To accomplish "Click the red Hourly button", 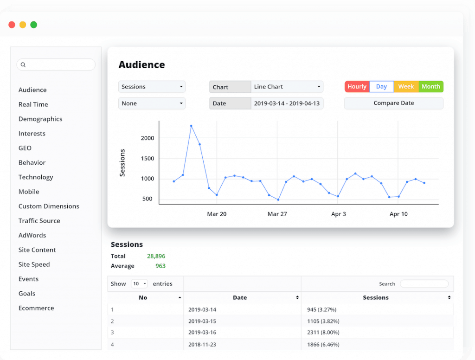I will click(x=357, y=87).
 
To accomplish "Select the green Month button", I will click(x=430, y=87).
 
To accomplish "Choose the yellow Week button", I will click(x=406, y=87).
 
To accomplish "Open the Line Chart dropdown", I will click(x=287, y=87).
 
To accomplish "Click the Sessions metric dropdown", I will click(x=152, y=87).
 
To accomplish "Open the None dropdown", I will click(x=152, y=103).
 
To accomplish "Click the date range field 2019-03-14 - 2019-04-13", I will click(x=287, y=103).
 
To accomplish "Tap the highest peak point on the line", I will click(x=191, y=126).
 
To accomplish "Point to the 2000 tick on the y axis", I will click(x=147, y=138).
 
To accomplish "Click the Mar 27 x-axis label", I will click(x=277, y=214).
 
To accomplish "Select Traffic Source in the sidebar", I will click(x=39, y=221).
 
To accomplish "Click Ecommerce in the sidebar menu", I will click(x=36, y=308).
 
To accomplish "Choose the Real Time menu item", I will click(x=33, y=104).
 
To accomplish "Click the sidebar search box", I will click(x=56, y=65).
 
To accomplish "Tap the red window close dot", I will click(x=12, y=25).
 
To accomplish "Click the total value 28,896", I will click(x=156, y=256).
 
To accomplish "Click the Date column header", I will click(x=240, y=297).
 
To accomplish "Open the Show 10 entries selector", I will click(x=139, y=284).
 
